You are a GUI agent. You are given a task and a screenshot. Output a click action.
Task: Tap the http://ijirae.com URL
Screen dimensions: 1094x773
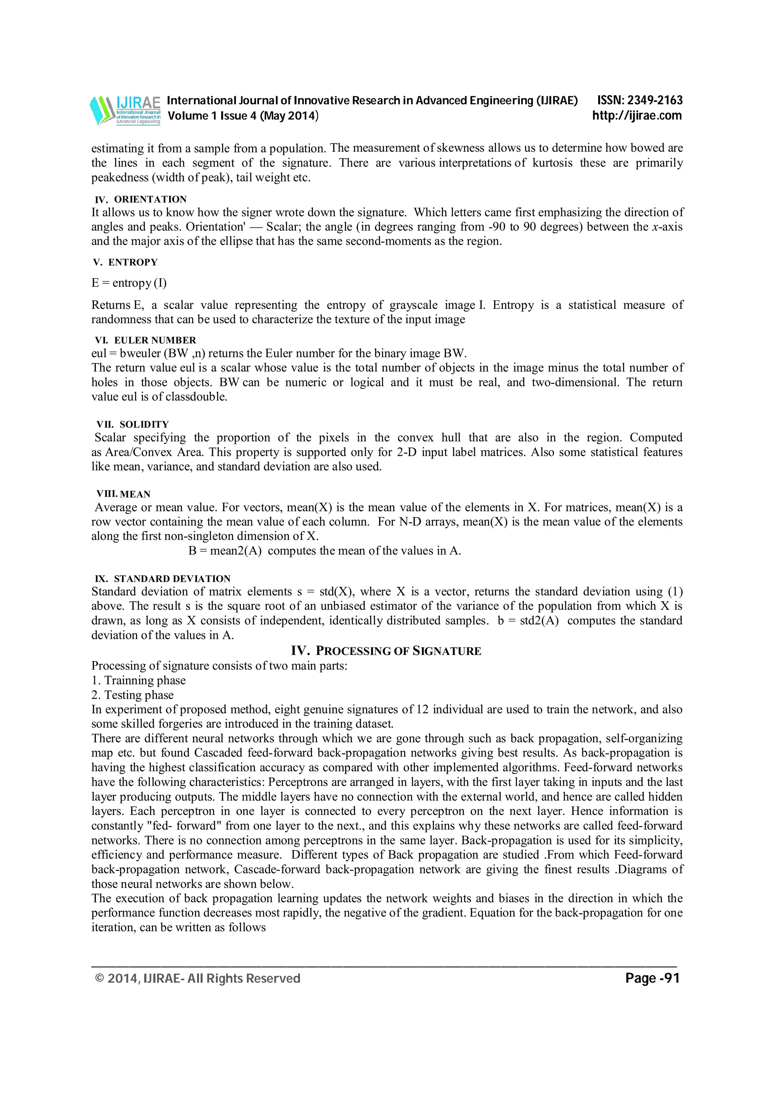(x=637, y=115)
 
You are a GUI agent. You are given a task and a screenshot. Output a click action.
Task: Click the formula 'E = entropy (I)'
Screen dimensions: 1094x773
(x=129, y=283)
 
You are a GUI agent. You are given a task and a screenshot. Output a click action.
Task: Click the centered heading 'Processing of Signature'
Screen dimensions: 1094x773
(x=386, y=651)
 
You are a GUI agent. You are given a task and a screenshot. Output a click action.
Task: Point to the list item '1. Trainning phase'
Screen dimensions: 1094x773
(x=139, y=680)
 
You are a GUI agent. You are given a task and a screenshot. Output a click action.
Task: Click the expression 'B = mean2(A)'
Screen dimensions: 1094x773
(x=225, y=551)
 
